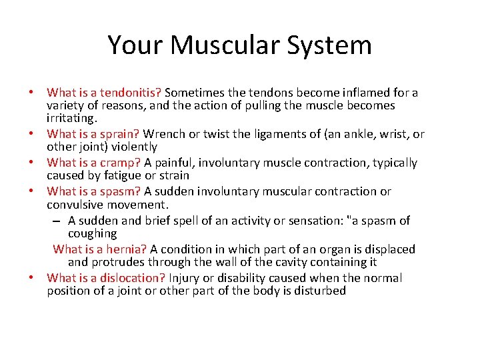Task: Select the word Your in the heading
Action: point(135,45)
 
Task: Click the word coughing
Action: point(92,233)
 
